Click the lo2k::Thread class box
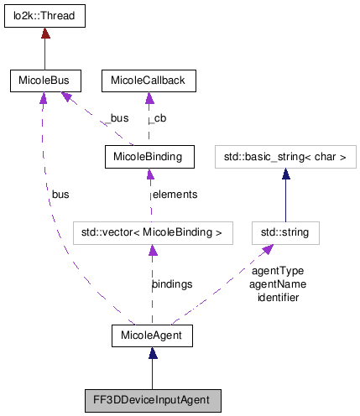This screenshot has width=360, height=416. (x=44, y=15)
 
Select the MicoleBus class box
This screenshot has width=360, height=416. (x=44, y=81)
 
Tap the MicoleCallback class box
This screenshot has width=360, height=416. (x=149, y=81)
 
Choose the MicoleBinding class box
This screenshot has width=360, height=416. (x=149, y=155)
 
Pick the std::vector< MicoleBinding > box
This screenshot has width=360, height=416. (x=152, y=231)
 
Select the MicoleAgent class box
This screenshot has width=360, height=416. (x=152, y=335)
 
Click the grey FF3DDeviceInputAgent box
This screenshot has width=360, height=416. (x=152, y=400)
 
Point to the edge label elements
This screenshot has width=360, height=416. (x=174, y=195)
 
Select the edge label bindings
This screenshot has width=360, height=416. (x=172, y=284)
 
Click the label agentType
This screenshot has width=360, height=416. (x=277, y=271)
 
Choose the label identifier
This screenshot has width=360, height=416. (x=277, y=296)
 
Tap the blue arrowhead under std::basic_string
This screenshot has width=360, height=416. (x=286, y=173)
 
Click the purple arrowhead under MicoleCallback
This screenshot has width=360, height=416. (x=149, y=99)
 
